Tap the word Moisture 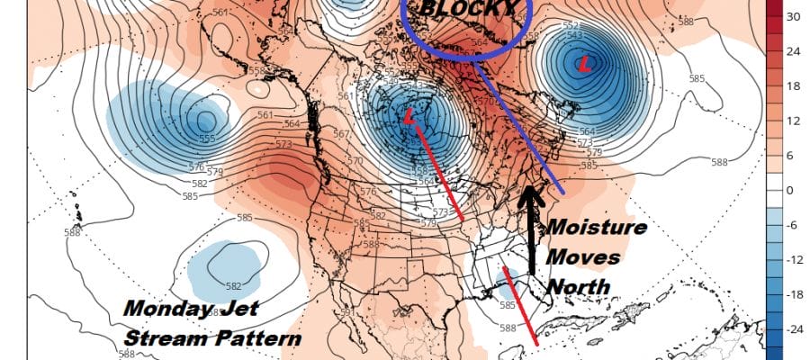pos(598,228)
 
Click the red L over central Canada pos(410,116)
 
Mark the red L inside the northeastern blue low pos(586,64)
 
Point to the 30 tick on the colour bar pos(793,16)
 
